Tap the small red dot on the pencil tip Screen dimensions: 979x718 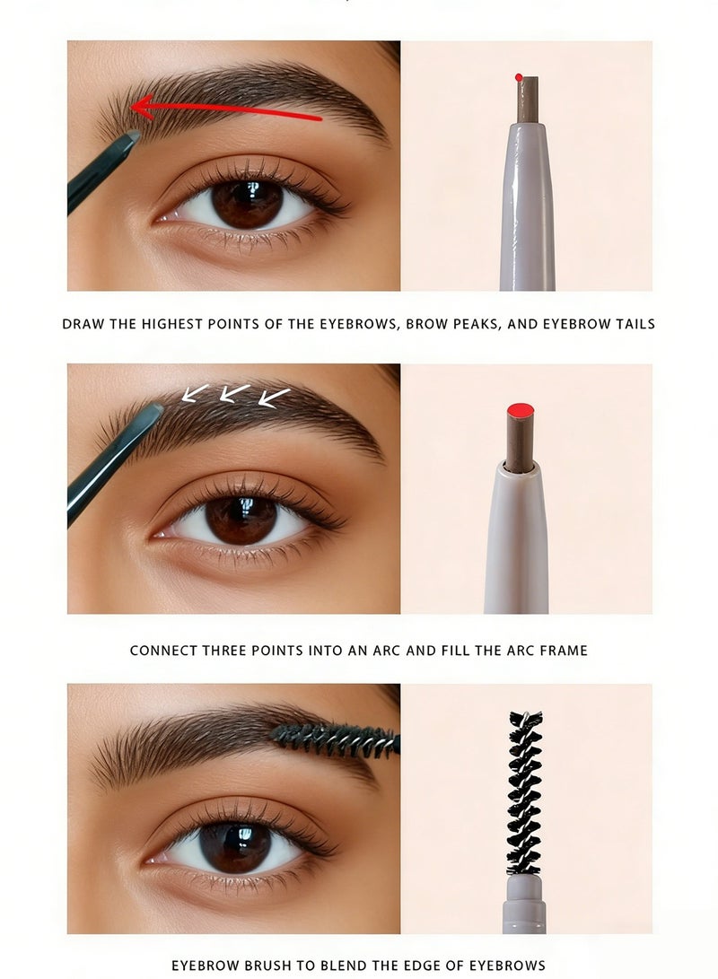[x=519, y=78]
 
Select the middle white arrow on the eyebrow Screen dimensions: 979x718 [x=234, y=393]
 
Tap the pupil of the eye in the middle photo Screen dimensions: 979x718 [x=241, y=520]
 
